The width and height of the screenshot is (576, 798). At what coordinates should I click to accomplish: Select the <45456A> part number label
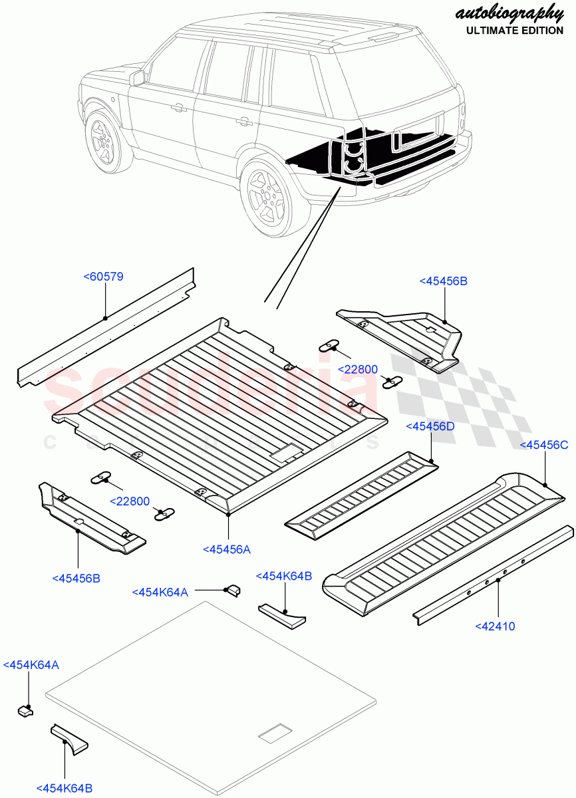(226, 549)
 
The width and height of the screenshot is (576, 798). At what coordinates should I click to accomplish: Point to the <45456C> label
(543, 445)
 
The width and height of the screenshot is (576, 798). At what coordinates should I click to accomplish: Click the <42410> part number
(495, 626)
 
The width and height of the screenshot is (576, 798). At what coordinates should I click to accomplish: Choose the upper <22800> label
(358, 369)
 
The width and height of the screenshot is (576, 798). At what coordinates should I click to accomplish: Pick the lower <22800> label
(130, 502)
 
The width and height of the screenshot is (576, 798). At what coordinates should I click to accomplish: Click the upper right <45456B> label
(443, 281)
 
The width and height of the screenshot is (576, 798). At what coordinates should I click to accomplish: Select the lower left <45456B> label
(76, 578)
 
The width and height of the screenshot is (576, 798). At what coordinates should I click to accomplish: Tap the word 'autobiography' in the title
(509, 13)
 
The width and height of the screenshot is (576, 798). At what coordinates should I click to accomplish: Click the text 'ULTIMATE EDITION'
(514, 31)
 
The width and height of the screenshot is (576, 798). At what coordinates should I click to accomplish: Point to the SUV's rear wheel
(268, 196)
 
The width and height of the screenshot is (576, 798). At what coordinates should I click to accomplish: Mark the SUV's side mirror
(138, 78)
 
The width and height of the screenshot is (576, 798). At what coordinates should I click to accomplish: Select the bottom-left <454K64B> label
(65, 788)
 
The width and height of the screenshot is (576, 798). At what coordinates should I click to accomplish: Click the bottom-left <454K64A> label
(31, 664)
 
